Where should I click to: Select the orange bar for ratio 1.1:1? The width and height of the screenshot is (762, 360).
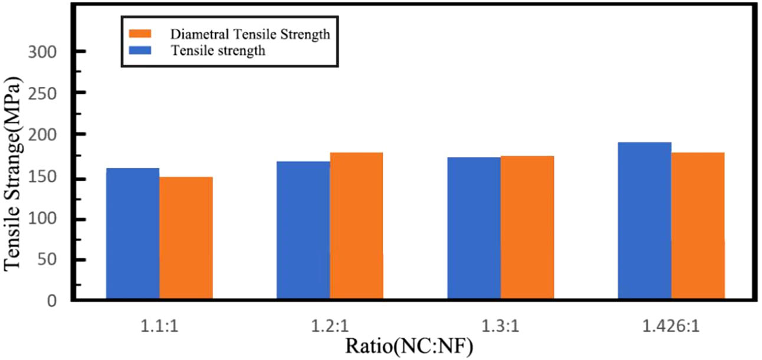coord(186,238)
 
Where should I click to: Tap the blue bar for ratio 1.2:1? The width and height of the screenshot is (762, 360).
coord(303,231)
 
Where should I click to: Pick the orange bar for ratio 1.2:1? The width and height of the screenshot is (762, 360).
coord(356,227)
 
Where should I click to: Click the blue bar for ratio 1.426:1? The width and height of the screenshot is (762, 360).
coord(645,221)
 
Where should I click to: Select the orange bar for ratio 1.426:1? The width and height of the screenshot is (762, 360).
coord(698,227)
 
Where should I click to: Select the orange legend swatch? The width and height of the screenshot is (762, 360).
coord(141,34)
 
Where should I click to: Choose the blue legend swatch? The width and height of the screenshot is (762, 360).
coord(141,51)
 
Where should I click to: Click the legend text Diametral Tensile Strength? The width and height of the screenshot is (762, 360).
coord(249,34)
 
